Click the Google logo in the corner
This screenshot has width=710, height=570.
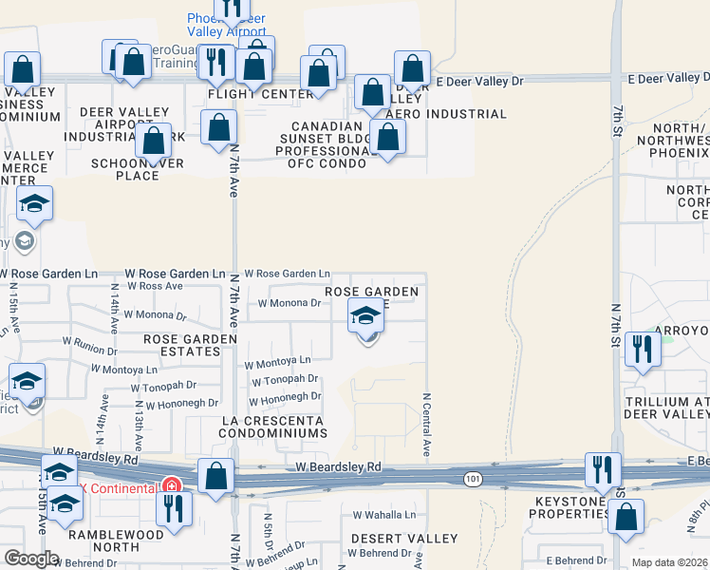pos(31,559)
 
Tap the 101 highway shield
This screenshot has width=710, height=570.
pos(471,479)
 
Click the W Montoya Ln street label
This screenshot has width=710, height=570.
pos(277,362)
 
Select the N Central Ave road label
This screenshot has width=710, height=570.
pos(427,424)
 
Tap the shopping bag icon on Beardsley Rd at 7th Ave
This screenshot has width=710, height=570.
pos(216,476)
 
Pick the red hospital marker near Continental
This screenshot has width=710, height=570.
pos(172,485)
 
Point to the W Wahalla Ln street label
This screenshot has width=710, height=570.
pos(383,514)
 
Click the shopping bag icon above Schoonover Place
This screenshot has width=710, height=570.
pos(154,141)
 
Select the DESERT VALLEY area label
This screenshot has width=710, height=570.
pos(391,538)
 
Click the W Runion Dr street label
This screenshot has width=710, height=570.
pos(90,349)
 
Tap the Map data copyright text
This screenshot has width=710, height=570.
pos(668,562)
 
